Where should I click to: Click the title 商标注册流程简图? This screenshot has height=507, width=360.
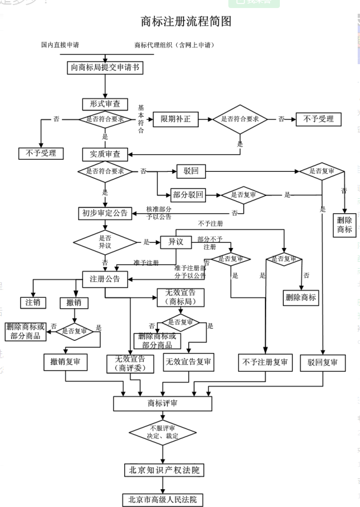(186, 22)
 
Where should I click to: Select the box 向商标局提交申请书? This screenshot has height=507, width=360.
(105, 68)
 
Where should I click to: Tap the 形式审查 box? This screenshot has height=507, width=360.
(105, 104)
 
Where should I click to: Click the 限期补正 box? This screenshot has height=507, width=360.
(176, 119)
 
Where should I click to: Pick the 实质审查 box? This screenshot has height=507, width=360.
(105, 154)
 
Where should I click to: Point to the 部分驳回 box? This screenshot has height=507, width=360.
(188, 195)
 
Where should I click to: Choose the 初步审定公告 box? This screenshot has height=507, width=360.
(105, 213)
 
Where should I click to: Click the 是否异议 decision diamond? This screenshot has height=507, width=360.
(105, 241)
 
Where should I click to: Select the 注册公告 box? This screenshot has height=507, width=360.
(105, 279)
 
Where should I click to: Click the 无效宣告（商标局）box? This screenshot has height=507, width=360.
(180, 297)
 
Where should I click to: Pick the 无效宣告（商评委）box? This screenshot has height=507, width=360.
(130, 363)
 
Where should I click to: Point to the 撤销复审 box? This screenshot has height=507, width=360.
(65, 362)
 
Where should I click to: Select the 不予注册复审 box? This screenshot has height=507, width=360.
(265, 362)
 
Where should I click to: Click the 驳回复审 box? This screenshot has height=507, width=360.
(323, 362)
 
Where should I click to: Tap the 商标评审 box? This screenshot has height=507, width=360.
(163, 403)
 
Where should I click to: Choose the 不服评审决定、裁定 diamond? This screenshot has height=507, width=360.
(163, 432)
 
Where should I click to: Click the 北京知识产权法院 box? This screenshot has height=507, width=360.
(164, 470)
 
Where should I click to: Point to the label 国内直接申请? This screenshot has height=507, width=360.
(60, 45)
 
